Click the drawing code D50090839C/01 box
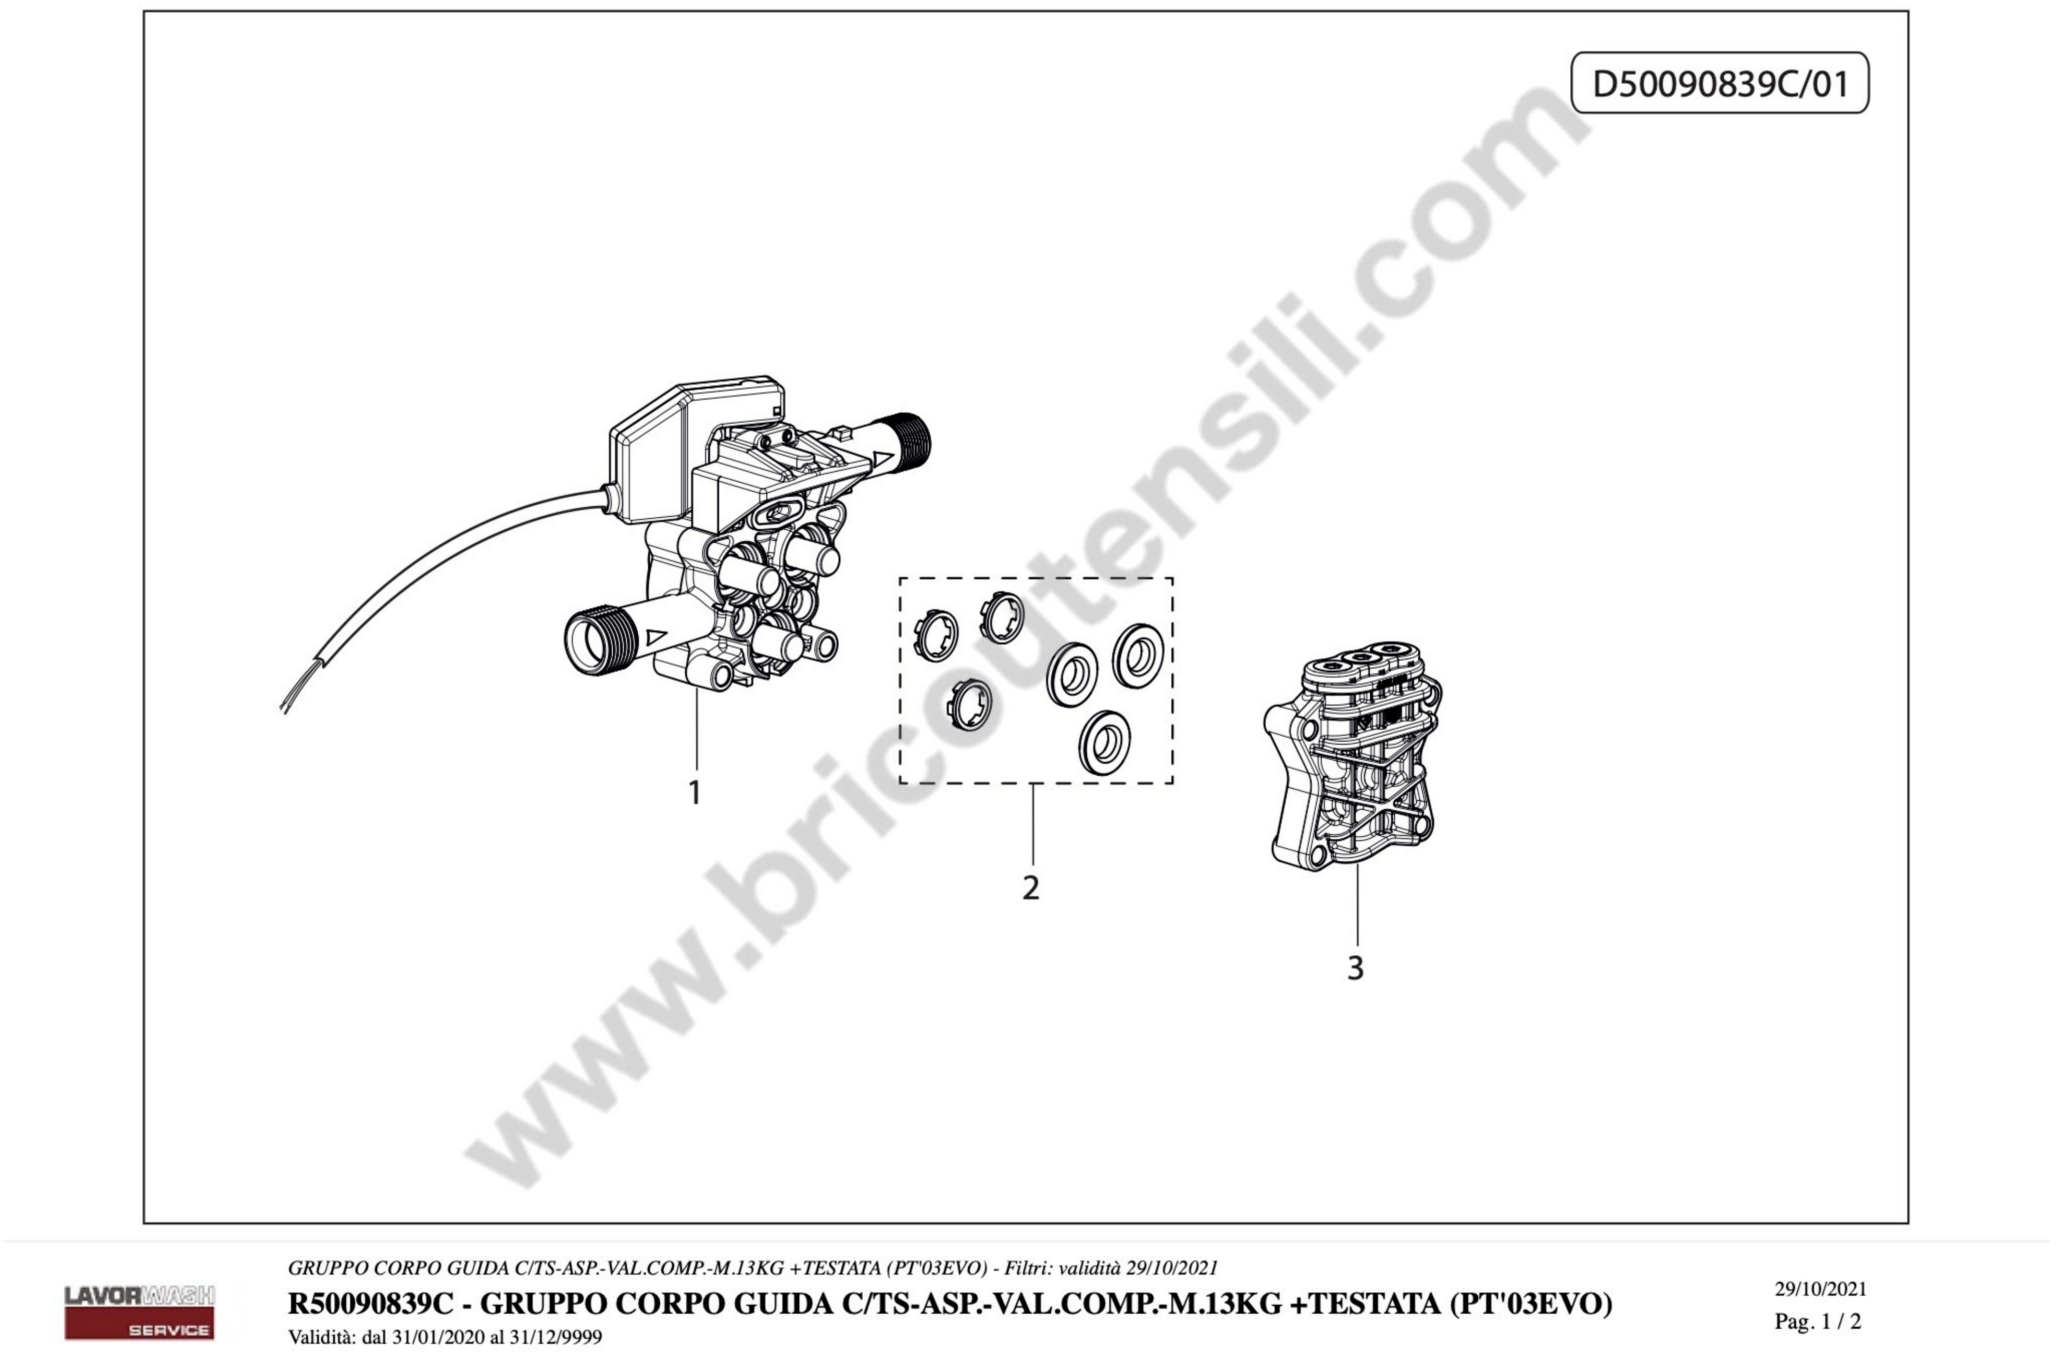point(1719,83)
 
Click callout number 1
point(694,793)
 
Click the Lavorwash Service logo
point(140,1312)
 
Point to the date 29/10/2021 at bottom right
point(1821,1290)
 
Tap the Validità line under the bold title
point(445,1337)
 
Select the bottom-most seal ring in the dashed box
point(1105,742)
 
